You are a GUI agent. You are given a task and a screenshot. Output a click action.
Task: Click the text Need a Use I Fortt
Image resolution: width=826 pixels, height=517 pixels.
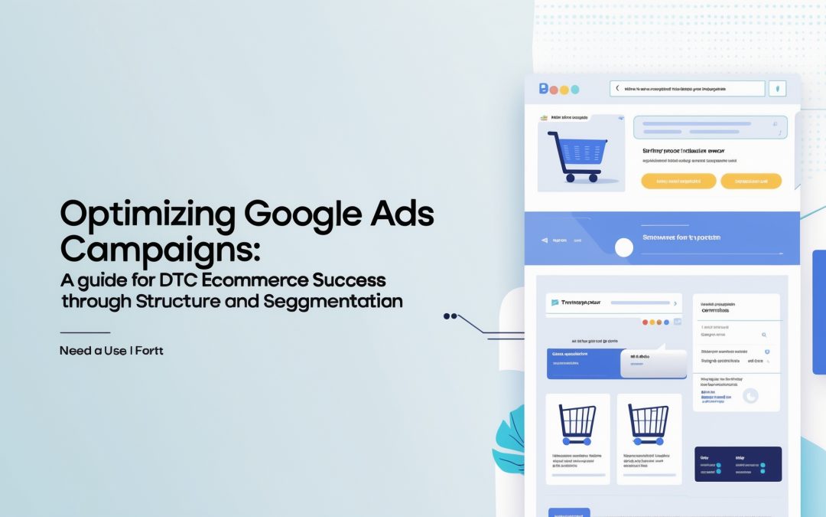coord(112,351)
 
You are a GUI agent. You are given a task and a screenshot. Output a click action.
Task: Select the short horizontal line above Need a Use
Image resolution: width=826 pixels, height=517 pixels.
coord(85,332)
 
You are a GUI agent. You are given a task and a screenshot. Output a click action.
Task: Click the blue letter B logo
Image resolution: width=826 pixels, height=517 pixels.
coord(544,89)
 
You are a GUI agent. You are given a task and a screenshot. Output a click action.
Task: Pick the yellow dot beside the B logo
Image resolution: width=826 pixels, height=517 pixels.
coord(564,90)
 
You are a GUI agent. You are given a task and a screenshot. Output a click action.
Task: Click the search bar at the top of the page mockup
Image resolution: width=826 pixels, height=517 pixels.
coord(687,89)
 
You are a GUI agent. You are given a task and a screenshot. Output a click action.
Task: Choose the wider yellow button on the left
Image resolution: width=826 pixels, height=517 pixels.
coord(678,182)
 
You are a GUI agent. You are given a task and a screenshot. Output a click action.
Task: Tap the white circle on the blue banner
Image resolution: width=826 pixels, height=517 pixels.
coord(624,247)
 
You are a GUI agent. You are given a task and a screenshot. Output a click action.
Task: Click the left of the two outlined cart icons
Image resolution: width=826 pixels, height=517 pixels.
coord(577,424)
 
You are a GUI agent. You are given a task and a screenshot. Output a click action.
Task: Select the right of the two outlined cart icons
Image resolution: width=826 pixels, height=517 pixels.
coord(648,424)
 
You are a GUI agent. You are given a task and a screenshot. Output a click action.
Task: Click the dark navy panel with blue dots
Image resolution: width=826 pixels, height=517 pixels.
coord(737,464)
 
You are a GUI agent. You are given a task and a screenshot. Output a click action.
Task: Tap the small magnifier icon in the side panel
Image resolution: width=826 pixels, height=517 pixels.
coord(763,335)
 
